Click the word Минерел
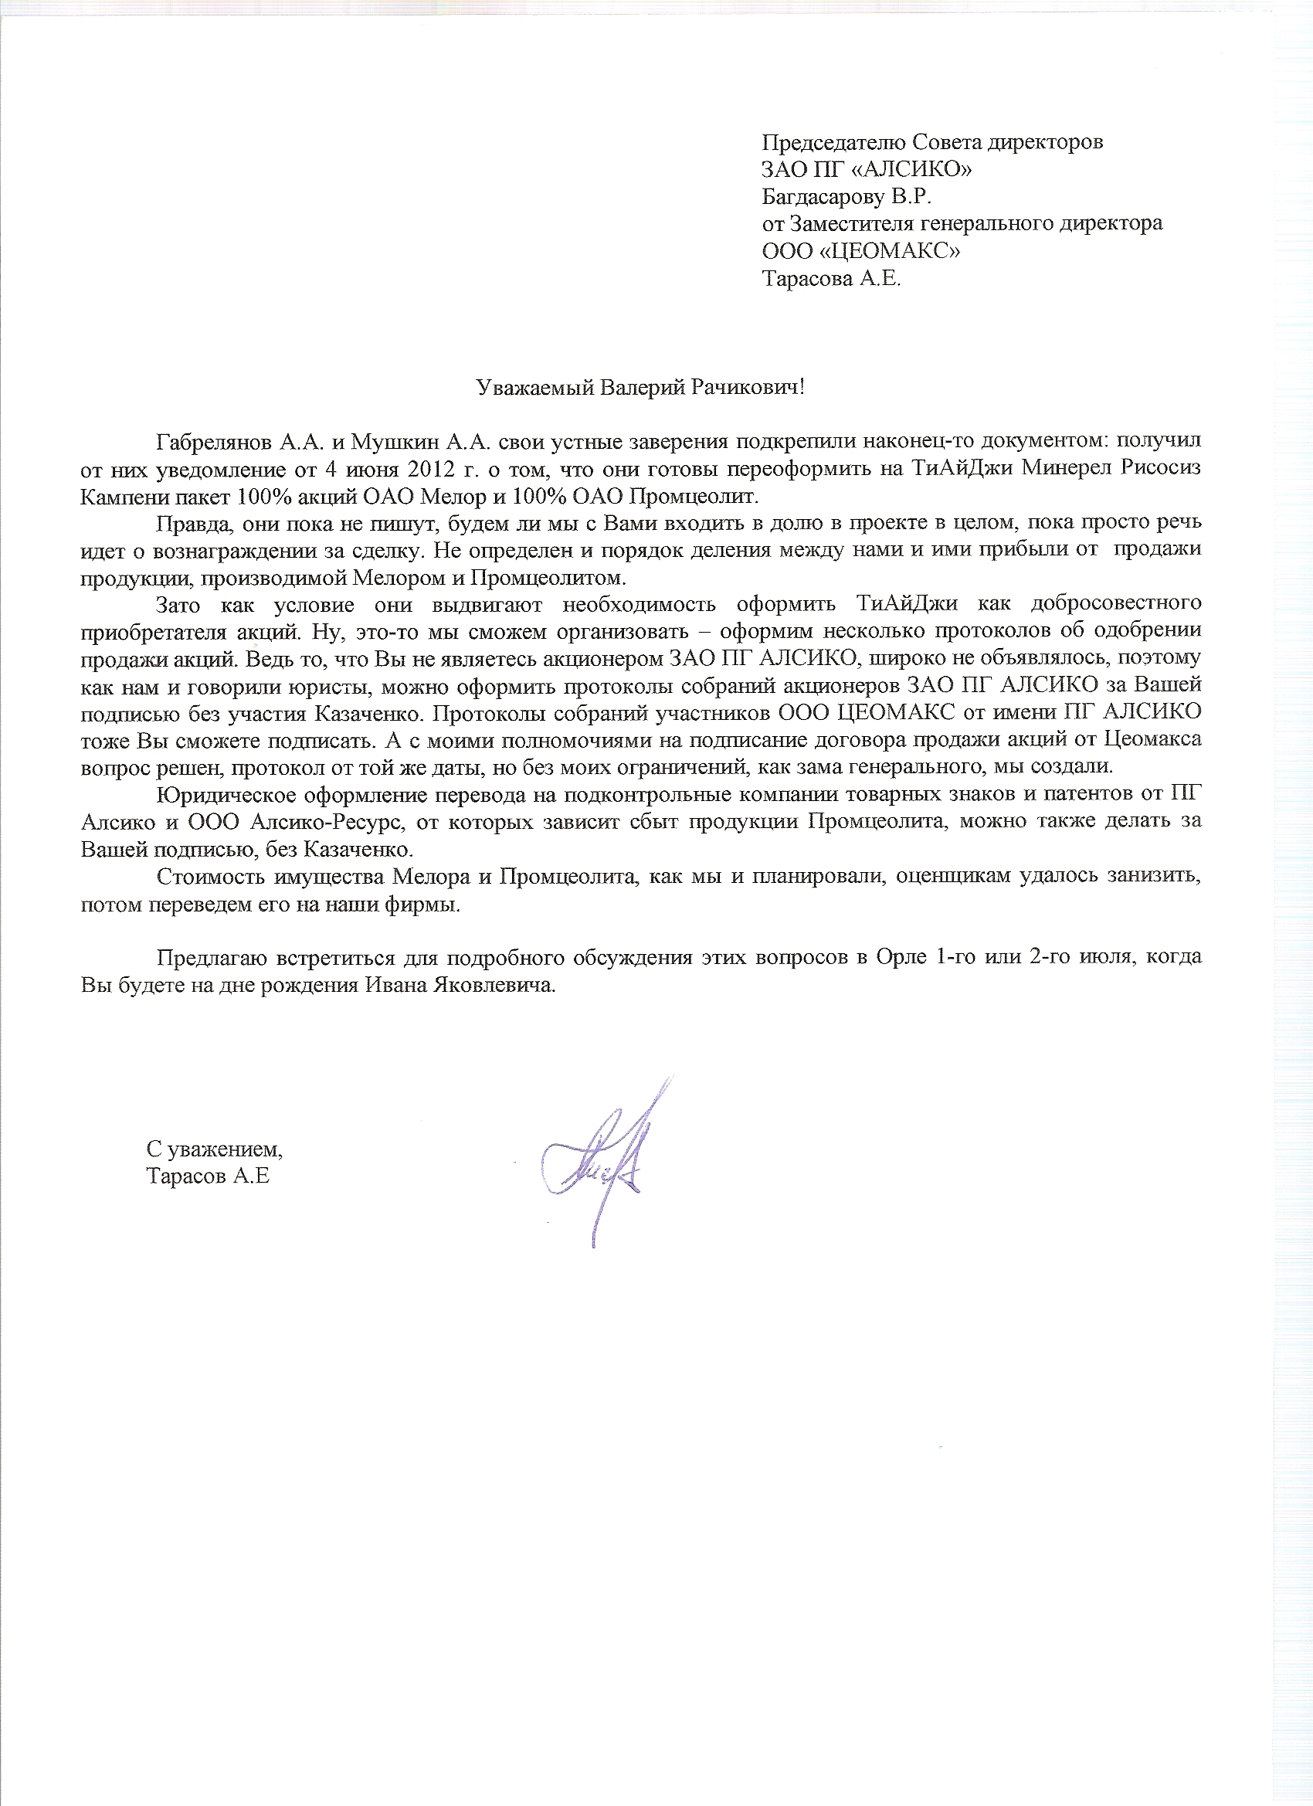click(x=1055, y=468)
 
